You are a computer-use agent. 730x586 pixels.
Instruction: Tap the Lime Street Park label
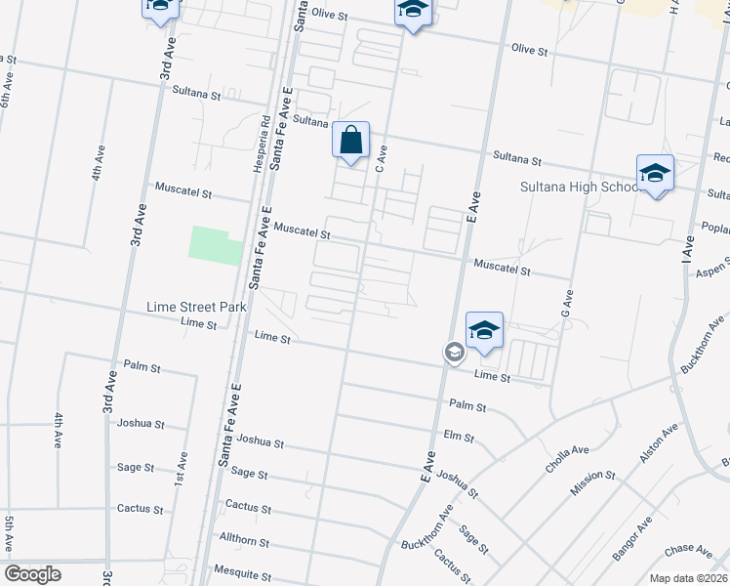[195, 307]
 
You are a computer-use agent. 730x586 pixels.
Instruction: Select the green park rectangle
[215, 245]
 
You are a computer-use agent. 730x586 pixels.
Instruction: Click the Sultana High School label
[579, 187]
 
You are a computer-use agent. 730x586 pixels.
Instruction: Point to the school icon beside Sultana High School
[655, 173]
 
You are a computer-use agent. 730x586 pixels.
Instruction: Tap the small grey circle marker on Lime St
[454, 352]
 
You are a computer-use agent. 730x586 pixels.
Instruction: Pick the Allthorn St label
[244, 539]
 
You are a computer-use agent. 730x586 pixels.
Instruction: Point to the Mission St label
[591, 482]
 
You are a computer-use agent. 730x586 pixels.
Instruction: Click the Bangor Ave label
[633, 543]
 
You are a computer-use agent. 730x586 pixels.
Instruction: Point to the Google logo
[32, 574]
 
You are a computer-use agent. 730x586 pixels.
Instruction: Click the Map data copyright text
[688, 578]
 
